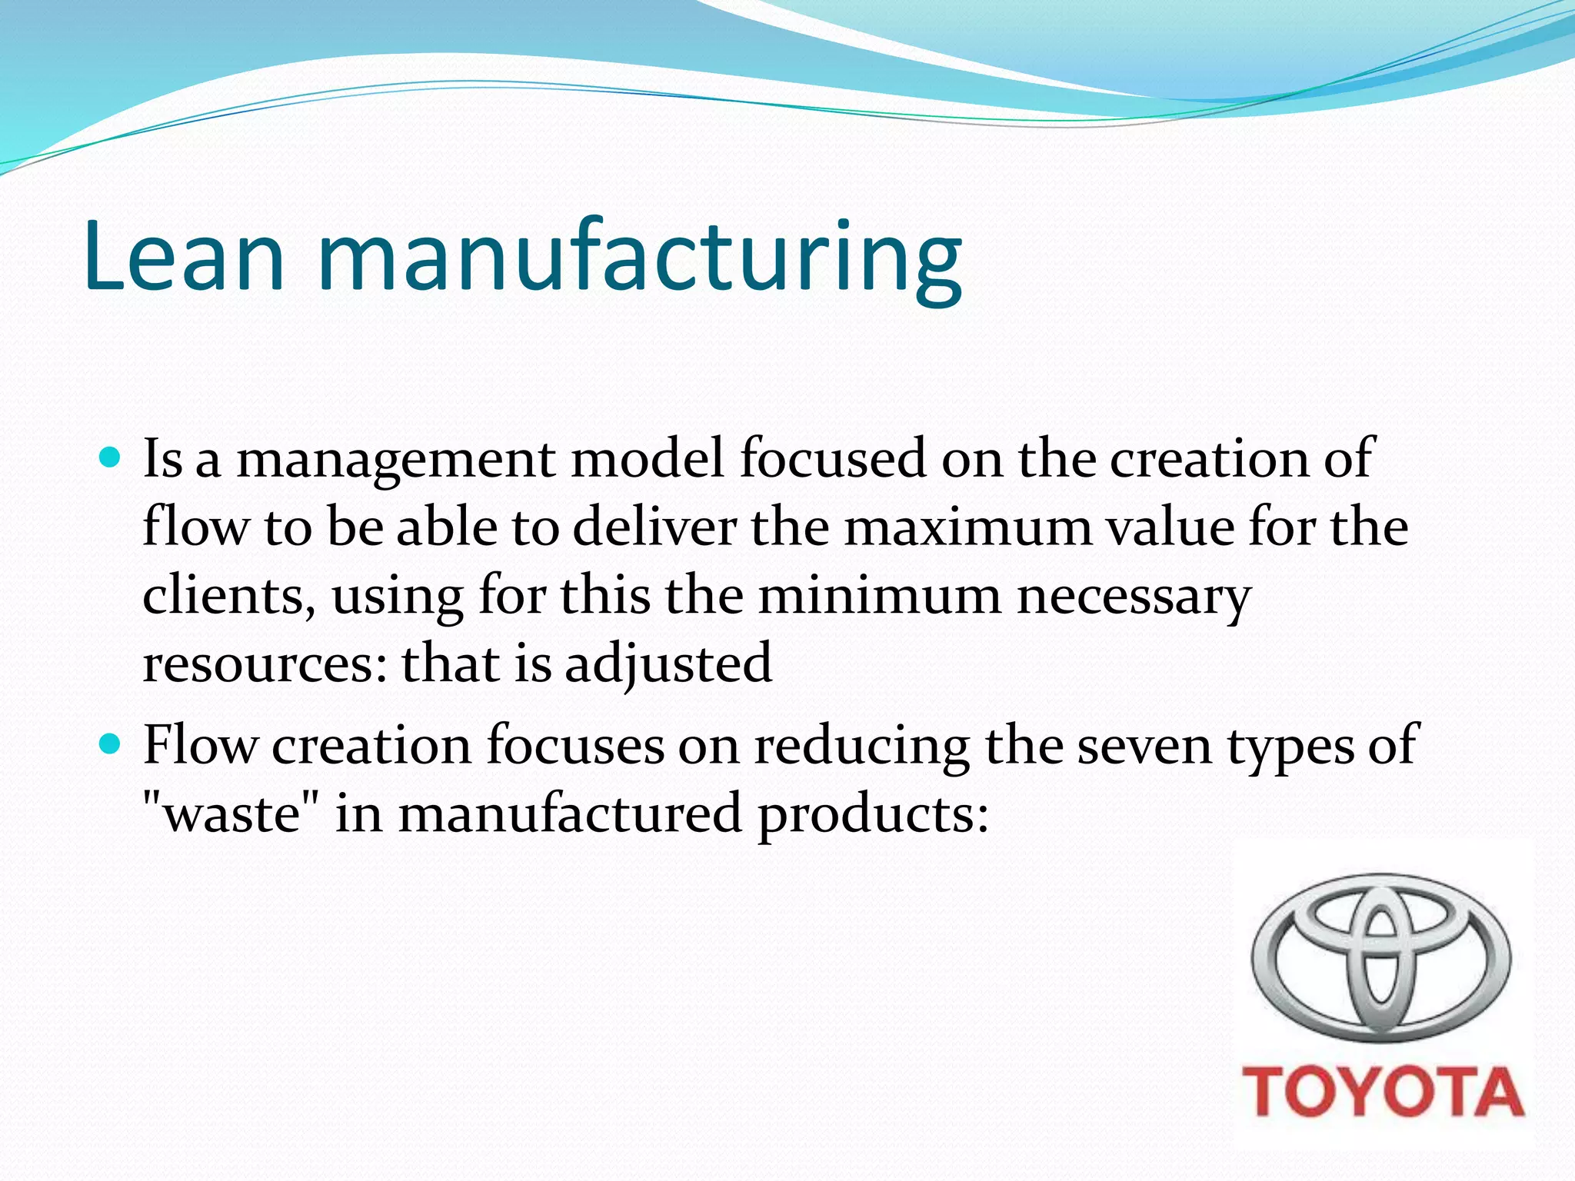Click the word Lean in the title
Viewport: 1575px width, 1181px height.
185,258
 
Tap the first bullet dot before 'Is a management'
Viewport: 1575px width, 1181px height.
112,459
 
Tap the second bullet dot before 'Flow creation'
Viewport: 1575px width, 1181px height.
112,744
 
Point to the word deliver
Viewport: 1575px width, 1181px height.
654,528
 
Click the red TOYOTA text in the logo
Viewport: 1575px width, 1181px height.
1383,1092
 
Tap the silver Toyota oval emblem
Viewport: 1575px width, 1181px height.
1381,957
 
